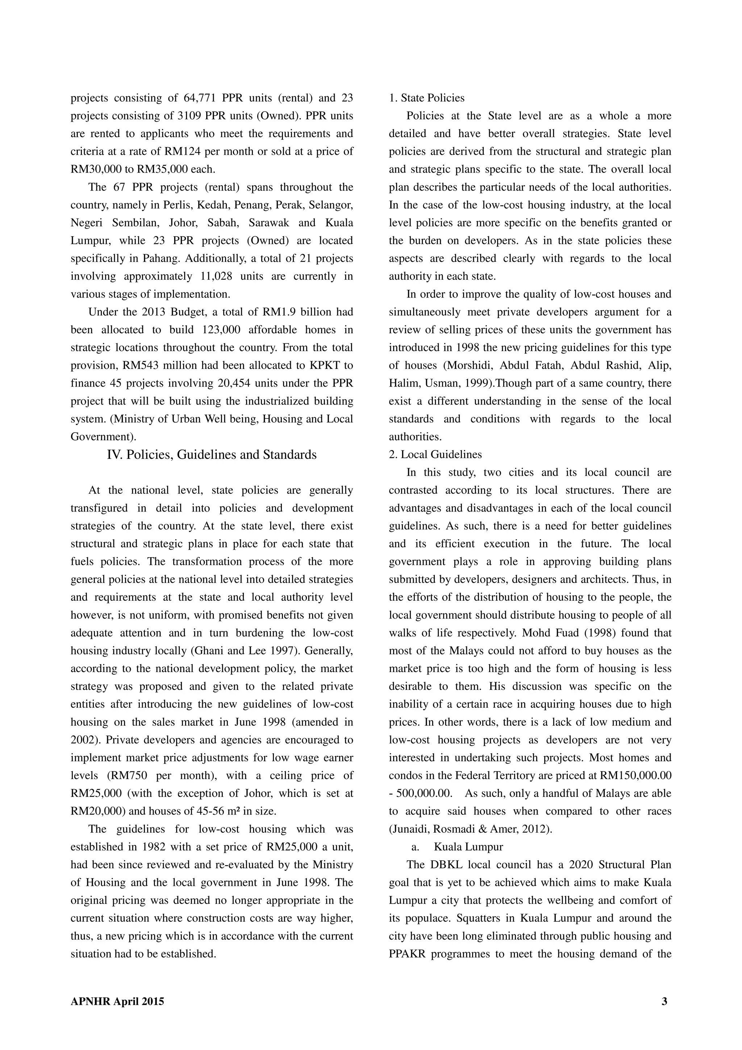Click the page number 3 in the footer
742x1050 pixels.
[664, 1001]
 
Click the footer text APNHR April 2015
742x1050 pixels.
[117, 1001]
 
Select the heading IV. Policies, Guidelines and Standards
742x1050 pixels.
[212, 455]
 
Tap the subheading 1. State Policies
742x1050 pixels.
[426, 98]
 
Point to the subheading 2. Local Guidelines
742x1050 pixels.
[435, 455]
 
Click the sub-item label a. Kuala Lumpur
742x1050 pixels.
[457, 847]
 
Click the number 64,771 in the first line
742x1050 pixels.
[199, 98]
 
